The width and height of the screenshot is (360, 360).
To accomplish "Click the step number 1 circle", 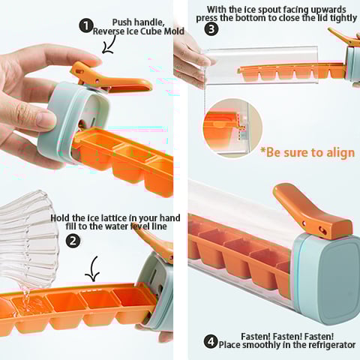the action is pyautogui.click(x=86, y=26).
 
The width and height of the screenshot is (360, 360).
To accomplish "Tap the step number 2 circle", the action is pyautogui.click(x=73, y=241).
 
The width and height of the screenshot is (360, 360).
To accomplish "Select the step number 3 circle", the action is pyautogui.click(x=211, y=29).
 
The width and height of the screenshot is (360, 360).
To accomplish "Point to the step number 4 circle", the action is pyautogui.click(x=211, y=341).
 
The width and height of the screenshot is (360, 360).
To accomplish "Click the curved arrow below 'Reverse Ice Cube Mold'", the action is pyautogui.click(x=110, y=45).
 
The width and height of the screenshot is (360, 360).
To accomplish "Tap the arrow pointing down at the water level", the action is pyautogui.click(x=93, y=268).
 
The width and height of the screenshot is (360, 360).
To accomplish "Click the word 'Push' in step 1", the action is pyautogui.click(x=121, y=22).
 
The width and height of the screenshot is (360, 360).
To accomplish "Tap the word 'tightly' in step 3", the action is pyautogui.click(x=343, y=18).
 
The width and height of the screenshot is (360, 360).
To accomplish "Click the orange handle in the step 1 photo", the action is pyautogui.click(x=107, y=80).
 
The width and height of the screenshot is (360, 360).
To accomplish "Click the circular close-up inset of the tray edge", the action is pyautogui.click(x=232, y=128).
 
